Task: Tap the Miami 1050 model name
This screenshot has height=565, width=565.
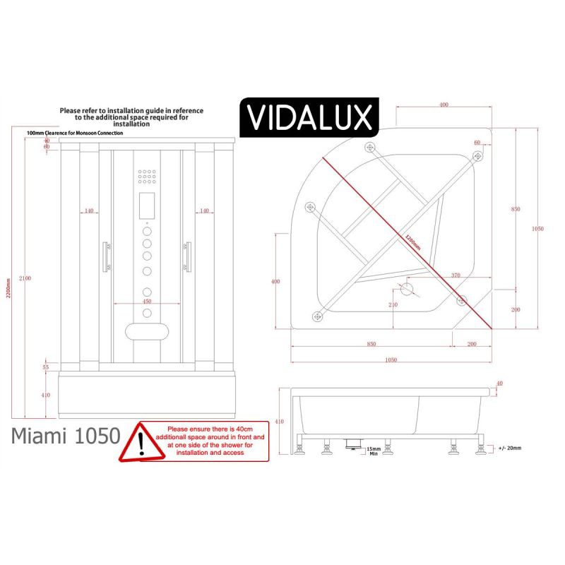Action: tap(65, 436)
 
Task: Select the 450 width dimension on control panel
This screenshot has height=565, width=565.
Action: tap(148, 302)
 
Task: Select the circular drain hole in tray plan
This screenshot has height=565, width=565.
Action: tap(406, 289)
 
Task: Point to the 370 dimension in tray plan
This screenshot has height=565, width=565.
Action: tap(455, 275)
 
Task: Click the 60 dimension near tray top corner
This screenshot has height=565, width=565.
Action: tap(477, 143)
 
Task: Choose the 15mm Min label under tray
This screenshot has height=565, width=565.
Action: tap(374, 451)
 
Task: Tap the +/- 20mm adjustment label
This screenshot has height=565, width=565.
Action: tap(509, 448)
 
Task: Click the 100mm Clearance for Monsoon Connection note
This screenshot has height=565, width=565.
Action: tap(75, 133)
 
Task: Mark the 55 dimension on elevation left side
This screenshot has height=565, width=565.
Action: tap(45, 367)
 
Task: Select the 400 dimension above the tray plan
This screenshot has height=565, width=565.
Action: tap(444, 105)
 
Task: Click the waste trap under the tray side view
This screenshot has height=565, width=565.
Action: tap(352, 443)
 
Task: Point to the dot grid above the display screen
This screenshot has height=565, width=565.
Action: tap(148, 177)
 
